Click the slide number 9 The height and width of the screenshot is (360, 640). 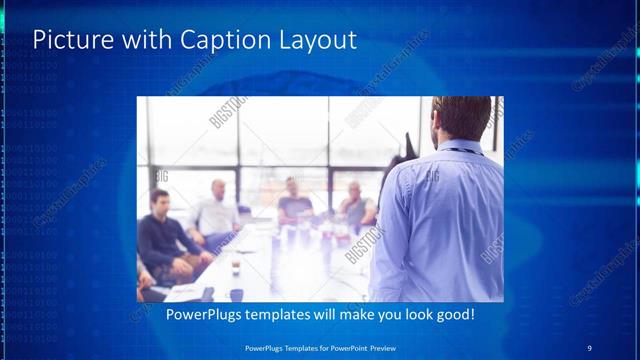click(x=590, y=347)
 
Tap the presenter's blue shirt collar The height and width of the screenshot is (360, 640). click(x=462, y=147)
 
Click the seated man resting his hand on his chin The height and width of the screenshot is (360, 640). click(x=356, y=205)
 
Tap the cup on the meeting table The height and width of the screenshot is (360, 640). click(x=236, y=266)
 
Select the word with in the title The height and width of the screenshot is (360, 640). click(x=146, y=40)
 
